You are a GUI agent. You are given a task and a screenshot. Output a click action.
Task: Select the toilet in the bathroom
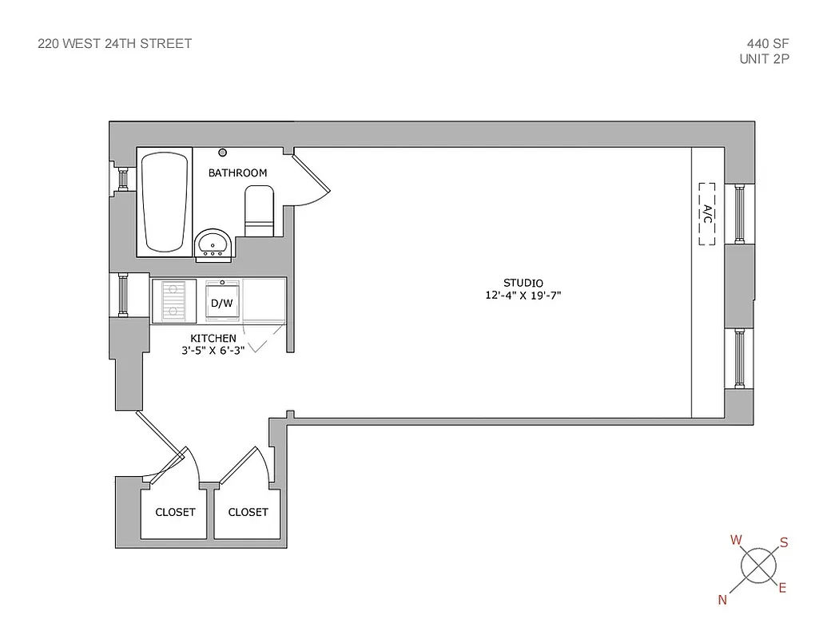(259, 212)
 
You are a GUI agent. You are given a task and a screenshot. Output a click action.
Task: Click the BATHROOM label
(237, 173)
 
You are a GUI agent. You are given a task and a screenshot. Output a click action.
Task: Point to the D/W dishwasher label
(221, 304)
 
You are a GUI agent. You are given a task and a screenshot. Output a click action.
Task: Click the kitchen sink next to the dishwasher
(174, 300)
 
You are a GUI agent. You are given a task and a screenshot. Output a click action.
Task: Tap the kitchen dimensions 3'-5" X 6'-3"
(213, 349)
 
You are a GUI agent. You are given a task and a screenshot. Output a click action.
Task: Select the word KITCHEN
(213, 339)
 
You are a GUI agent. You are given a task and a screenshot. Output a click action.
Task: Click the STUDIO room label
(523, 283)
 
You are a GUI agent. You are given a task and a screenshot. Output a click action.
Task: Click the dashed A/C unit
(707, 213)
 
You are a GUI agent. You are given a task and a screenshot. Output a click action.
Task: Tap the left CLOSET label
(175, 512)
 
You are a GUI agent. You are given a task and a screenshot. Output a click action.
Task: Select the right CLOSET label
(248, 512)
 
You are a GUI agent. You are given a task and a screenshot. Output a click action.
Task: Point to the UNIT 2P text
(765, 58)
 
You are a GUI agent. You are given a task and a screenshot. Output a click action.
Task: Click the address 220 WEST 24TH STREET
(115, 44)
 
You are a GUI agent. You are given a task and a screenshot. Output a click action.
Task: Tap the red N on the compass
(722, 601)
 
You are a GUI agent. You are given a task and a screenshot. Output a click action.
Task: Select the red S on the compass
(784, 543)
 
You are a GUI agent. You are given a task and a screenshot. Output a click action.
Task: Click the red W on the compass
(736, 540)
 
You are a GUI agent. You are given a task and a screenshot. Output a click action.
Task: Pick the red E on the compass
(782, 589)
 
